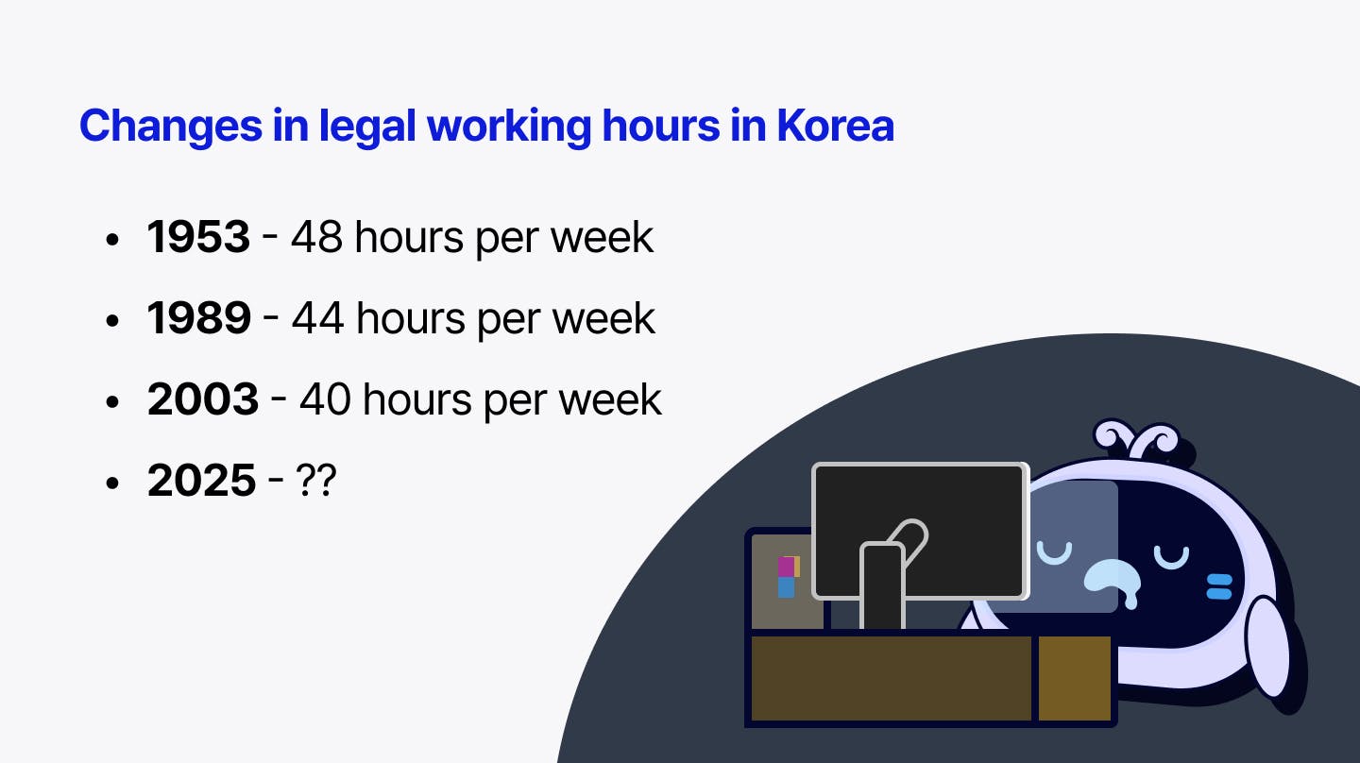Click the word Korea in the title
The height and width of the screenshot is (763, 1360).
pyautogui.click(x=835, y=126)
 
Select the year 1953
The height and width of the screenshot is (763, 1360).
pyautogui.click(x=198, y=237)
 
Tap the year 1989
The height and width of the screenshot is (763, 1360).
pyautogui.click(x=198, y=318)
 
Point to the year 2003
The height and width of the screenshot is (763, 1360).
pyautogui.click(x=202, y=399)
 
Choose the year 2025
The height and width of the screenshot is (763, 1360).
pyautogui.click(x=201, y=480)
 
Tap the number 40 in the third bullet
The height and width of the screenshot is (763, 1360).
pyautogui.click(x=325, y=399)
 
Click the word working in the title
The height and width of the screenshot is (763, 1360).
pyautogui.click(x=509, y=127)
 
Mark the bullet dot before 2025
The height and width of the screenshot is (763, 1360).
pyautogui.click(x=111, y=483)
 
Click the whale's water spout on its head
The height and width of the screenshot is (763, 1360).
pyautogui.click(x=1136, y=438)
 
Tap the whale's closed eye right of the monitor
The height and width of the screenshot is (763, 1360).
pyautogui.click(x=1171, y=556)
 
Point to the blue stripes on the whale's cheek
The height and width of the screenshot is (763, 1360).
pyautogui.click(x=1219, y=586)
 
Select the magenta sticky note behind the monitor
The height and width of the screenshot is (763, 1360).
pyautogui.click(x=786, y=567)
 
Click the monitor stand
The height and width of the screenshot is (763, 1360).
pyautogui.click(x=882, y=586)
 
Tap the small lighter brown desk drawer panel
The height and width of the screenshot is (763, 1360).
pyautogui.click(x=1075, y=678)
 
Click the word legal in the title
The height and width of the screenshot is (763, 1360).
pyautogui.click(x=366, y=127)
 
